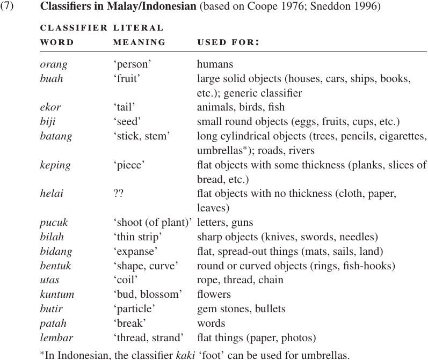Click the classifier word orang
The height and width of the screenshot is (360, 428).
54,64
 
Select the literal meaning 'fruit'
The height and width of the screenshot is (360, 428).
127,79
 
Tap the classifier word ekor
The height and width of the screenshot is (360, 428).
51,107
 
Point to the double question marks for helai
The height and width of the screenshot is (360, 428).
119,194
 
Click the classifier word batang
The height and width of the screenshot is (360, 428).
56,136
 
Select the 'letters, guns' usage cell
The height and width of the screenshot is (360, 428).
225,223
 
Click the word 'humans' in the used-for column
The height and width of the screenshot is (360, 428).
215,64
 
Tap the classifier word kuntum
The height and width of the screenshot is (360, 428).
57,295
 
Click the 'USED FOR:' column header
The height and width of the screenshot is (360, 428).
228,42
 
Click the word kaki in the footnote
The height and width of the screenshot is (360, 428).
185,355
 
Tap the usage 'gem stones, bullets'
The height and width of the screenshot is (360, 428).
241,309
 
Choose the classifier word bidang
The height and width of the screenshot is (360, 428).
56,252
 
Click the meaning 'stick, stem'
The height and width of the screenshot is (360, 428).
141,136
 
